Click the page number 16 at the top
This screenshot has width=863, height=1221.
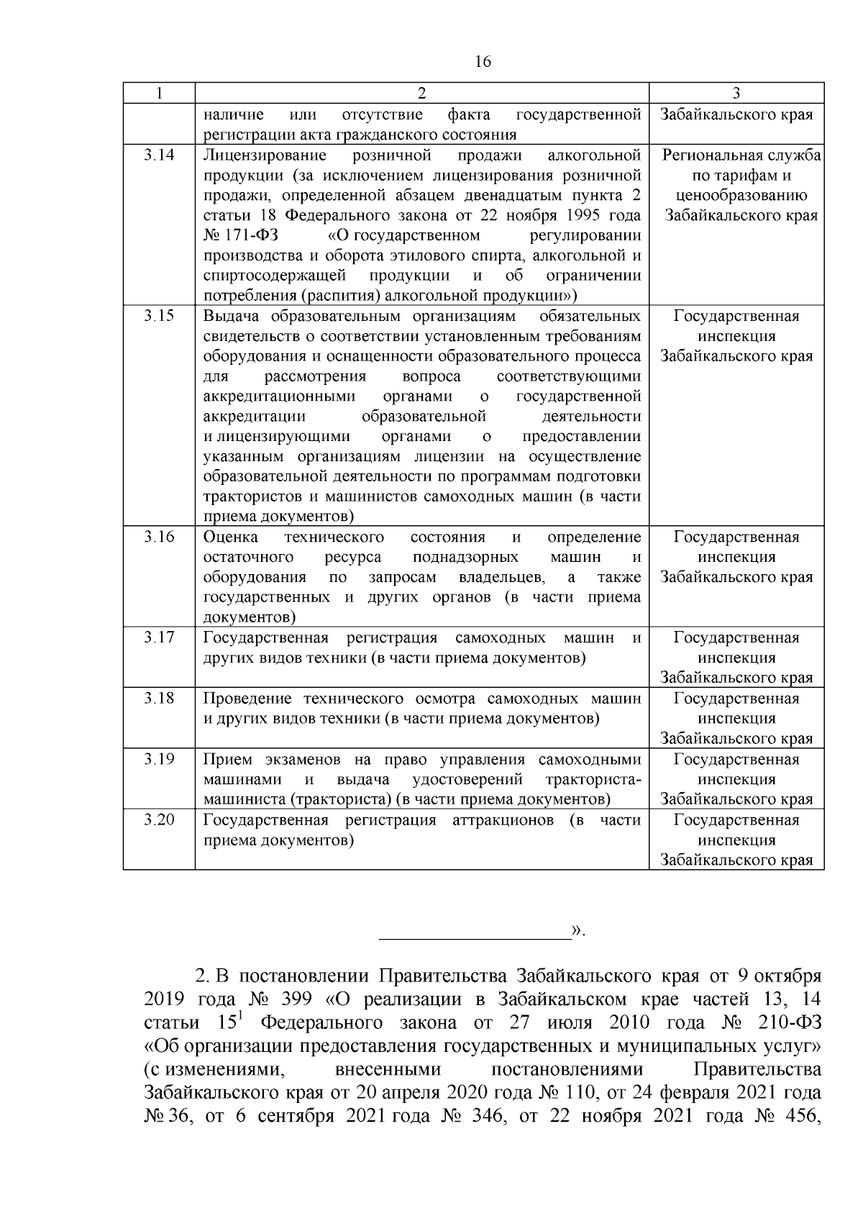coord(483,62)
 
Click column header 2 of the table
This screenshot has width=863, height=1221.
coord(421,94)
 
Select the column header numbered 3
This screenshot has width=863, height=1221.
coord(736,94)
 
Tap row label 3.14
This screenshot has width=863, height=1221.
coord(158,155)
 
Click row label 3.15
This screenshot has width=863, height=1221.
coord(158,316)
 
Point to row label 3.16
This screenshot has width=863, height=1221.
coord(158,537)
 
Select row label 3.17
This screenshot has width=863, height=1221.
coord(158,637)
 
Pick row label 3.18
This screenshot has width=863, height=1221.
coord(158,699)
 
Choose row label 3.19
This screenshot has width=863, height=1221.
coord(158,759)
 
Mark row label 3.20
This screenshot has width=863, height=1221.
coord(158,820)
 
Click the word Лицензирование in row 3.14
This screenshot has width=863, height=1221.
coord(265,155)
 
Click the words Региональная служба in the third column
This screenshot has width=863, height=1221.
coord(741,155)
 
